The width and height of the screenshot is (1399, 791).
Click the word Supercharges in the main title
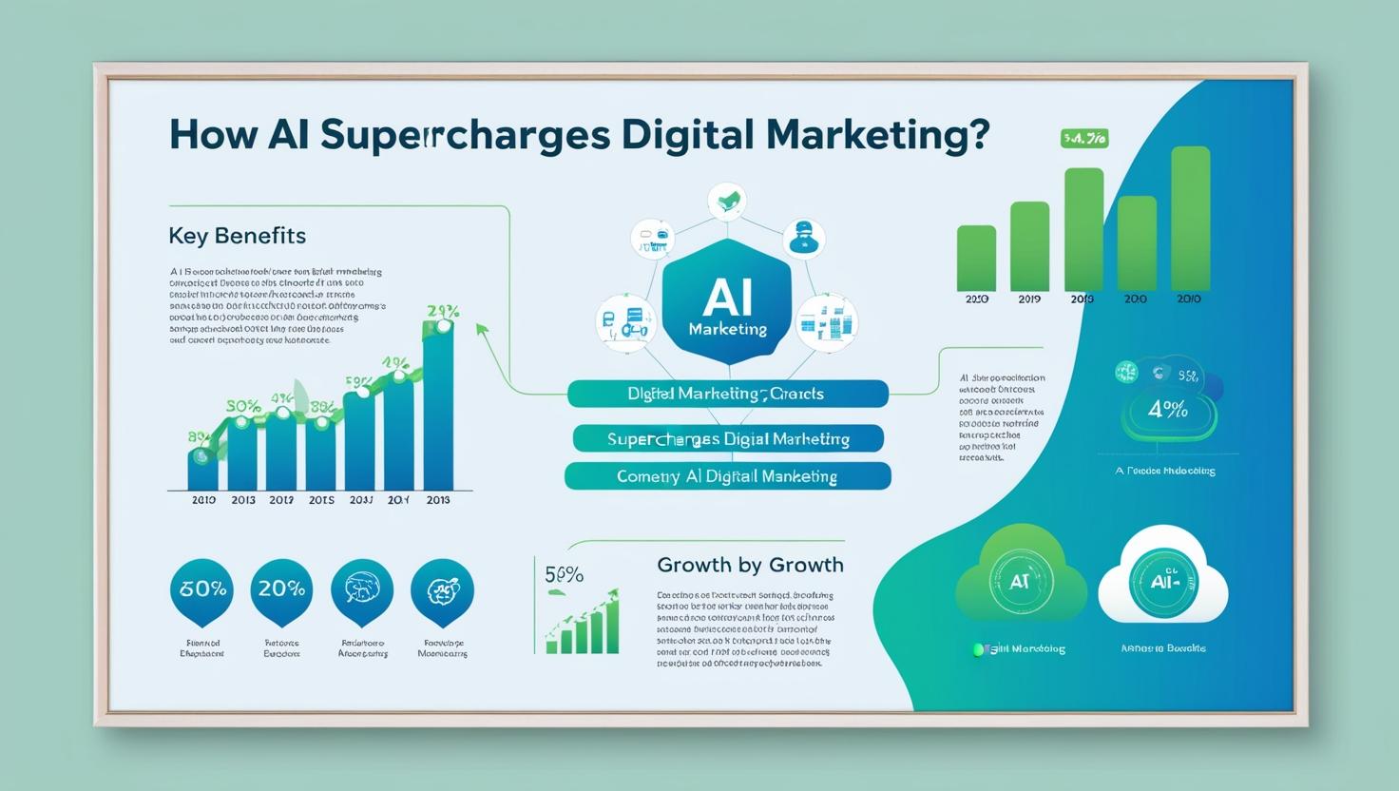tap(466, 135)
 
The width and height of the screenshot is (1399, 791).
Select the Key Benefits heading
tap(237, 236)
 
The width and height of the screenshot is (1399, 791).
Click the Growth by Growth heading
tap(750, 565)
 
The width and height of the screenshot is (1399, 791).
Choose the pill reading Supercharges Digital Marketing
tap(728, 439)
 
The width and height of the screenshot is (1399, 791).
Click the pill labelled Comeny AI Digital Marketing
tap(727, 476)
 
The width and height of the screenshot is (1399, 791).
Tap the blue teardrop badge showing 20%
tap(281, 589)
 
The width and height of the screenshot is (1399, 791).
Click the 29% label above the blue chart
tap(443, 311)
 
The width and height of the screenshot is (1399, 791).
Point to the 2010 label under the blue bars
tap(203, 500)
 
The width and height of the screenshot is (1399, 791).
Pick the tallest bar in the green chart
tap(1190, 219)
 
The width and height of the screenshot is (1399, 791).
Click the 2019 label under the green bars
tap(1029, 299)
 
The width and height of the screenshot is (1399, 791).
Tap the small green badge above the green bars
tap(1083, 139)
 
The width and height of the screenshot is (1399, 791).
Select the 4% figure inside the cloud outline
tap(1167, 410)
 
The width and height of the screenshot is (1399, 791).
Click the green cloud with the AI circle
tap(1020, 581)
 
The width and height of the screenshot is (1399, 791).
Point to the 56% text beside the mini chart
tap(564, 574)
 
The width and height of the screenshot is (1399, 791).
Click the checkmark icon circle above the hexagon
tap(727, 202)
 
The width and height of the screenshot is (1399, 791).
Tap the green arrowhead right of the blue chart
tap(482, 330)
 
